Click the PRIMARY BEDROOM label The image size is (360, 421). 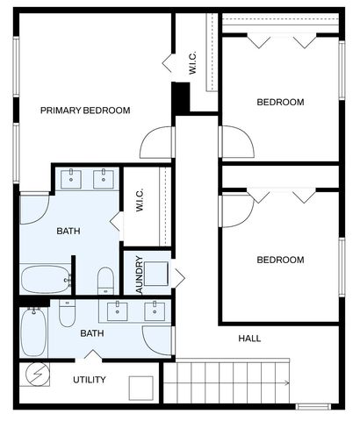pyautogui.click(x=85, y=111)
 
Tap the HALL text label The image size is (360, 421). pyautogui.click(x=249, y=339)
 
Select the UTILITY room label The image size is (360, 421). pyautogui.click(x=89, y=380)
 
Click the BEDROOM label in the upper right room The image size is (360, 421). pyautogui.click(x=280, y=103)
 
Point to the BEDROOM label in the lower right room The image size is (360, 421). pyautogui.click(x=280, y=260)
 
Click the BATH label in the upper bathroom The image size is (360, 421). pyautogui.click(x=68, y=232)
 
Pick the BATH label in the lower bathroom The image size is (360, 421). pyautogui.click(x=92, y=333)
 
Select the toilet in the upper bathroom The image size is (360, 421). pyautogui.click(x=105, y=281)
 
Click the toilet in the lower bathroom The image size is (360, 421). pyautogui.click(x=68, y=312)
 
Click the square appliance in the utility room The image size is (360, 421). pyautogui.click(x=140, y=386)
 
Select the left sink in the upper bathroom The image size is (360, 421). pyautogui.click(x=72, y=179)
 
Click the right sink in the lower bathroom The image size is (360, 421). pyautogui.click(x=155, y=310)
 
